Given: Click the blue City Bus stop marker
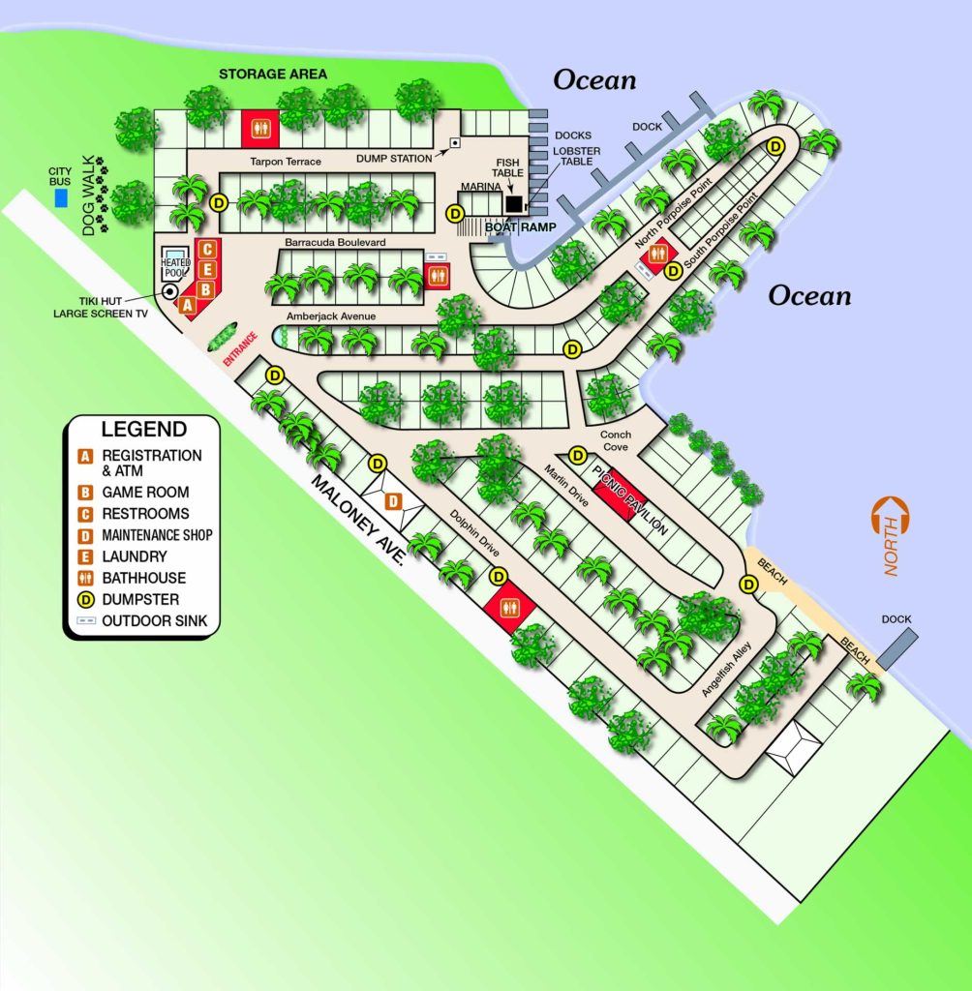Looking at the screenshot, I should click(x=62, y=198).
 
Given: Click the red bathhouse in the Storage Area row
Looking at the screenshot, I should click(x=259, y=126).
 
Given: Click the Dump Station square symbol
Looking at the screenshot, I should click(x=452, y=143).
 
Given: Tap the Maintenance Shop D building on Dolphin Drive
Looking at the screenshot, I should click(x=393, y=500).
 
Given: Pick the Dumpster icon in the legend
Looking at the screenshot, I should click(x=87, y=599).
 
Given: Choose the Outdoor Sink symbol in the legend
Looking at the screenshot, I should click(x=87, y=620).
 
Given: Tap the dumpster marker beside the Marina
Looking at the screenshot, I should click(x=454, y=214).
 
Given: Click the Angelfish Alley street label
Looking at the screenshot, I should click(x=725, y=674).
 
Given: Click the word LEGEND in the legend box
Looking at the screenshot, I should click(x=143, y=429).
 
